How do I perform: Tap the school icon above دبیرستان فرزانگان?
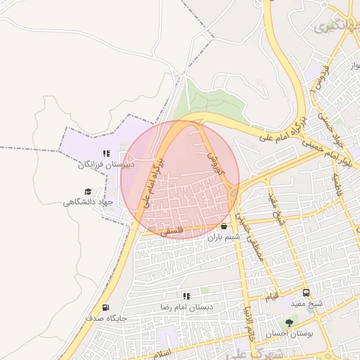pos(105,153)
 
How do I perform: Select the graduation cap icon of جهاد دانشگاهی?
pos(88,191)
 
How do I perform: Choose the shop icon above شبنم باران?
pos(224,226)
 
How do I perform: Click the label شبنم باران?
pos(224,238)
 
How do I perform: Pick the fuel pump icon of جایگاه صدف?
pos(105,307)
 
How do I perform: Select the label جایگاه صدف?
pos(105,319)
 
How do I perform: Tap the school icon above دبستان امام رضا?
pos(186,297)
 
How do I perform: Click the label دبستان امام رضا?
pos(186,308)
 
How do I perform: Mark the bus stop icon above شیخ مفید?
pos(306,292)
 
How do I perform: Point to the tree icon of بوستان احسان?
pos(289,322)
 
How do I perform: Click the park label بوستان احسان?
pos(289,333)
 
